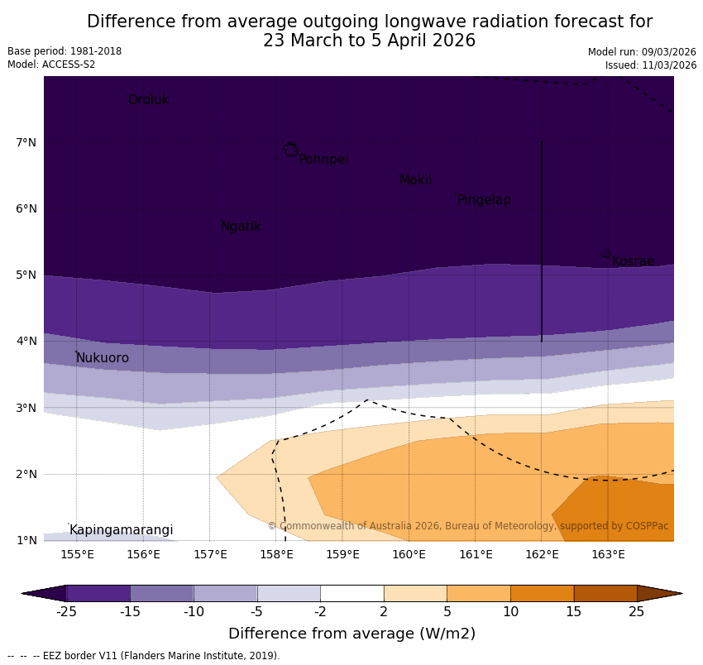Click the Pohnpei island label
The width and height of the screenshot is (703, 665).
tap(323, 160)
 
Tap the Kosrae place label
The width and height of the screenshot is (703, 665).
tap(633, 261)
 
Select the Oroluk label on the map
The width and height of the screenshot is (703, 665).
tap(148, 100)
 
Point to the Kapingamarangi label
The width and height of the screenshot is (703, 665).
tap(121, 530)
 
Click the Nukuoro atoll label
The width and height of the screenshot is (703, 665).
tap(103, 358)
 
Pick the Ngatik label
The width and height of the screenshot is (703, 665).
tap(241, 227)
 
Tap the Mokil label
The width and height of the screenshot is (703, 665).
tap(415, 180)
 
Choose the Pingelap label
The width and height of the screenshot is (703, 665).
tap(484, 200)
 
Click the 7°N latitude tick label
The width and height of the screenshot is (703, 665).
tap(26, 143)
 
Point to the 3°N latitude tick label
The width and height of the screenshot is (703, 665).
tap(26, 408)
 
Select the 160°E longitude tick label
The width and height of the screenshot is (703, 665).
tap(409, 554)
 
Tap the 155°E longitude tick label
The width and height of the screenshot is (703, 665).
tap(77, 554)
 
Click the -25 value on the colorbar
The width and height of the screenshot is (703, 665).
tap(66, 612)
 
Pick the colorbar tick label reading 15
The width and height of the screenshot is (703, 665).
tap(574, 612)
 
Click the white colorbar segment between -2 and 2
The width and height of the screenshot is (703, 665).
tap(351, 593)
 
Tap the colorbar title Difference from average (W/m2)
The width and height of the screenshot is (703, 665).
tap(351, 634)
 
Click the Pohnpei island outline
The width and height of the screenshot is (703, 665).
tap(290, 150)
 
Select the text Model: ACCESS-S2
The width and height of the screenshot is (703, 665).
tap(51, 65)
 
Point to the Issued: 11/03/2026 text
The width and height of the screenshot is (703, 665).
tap(650, 65)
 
